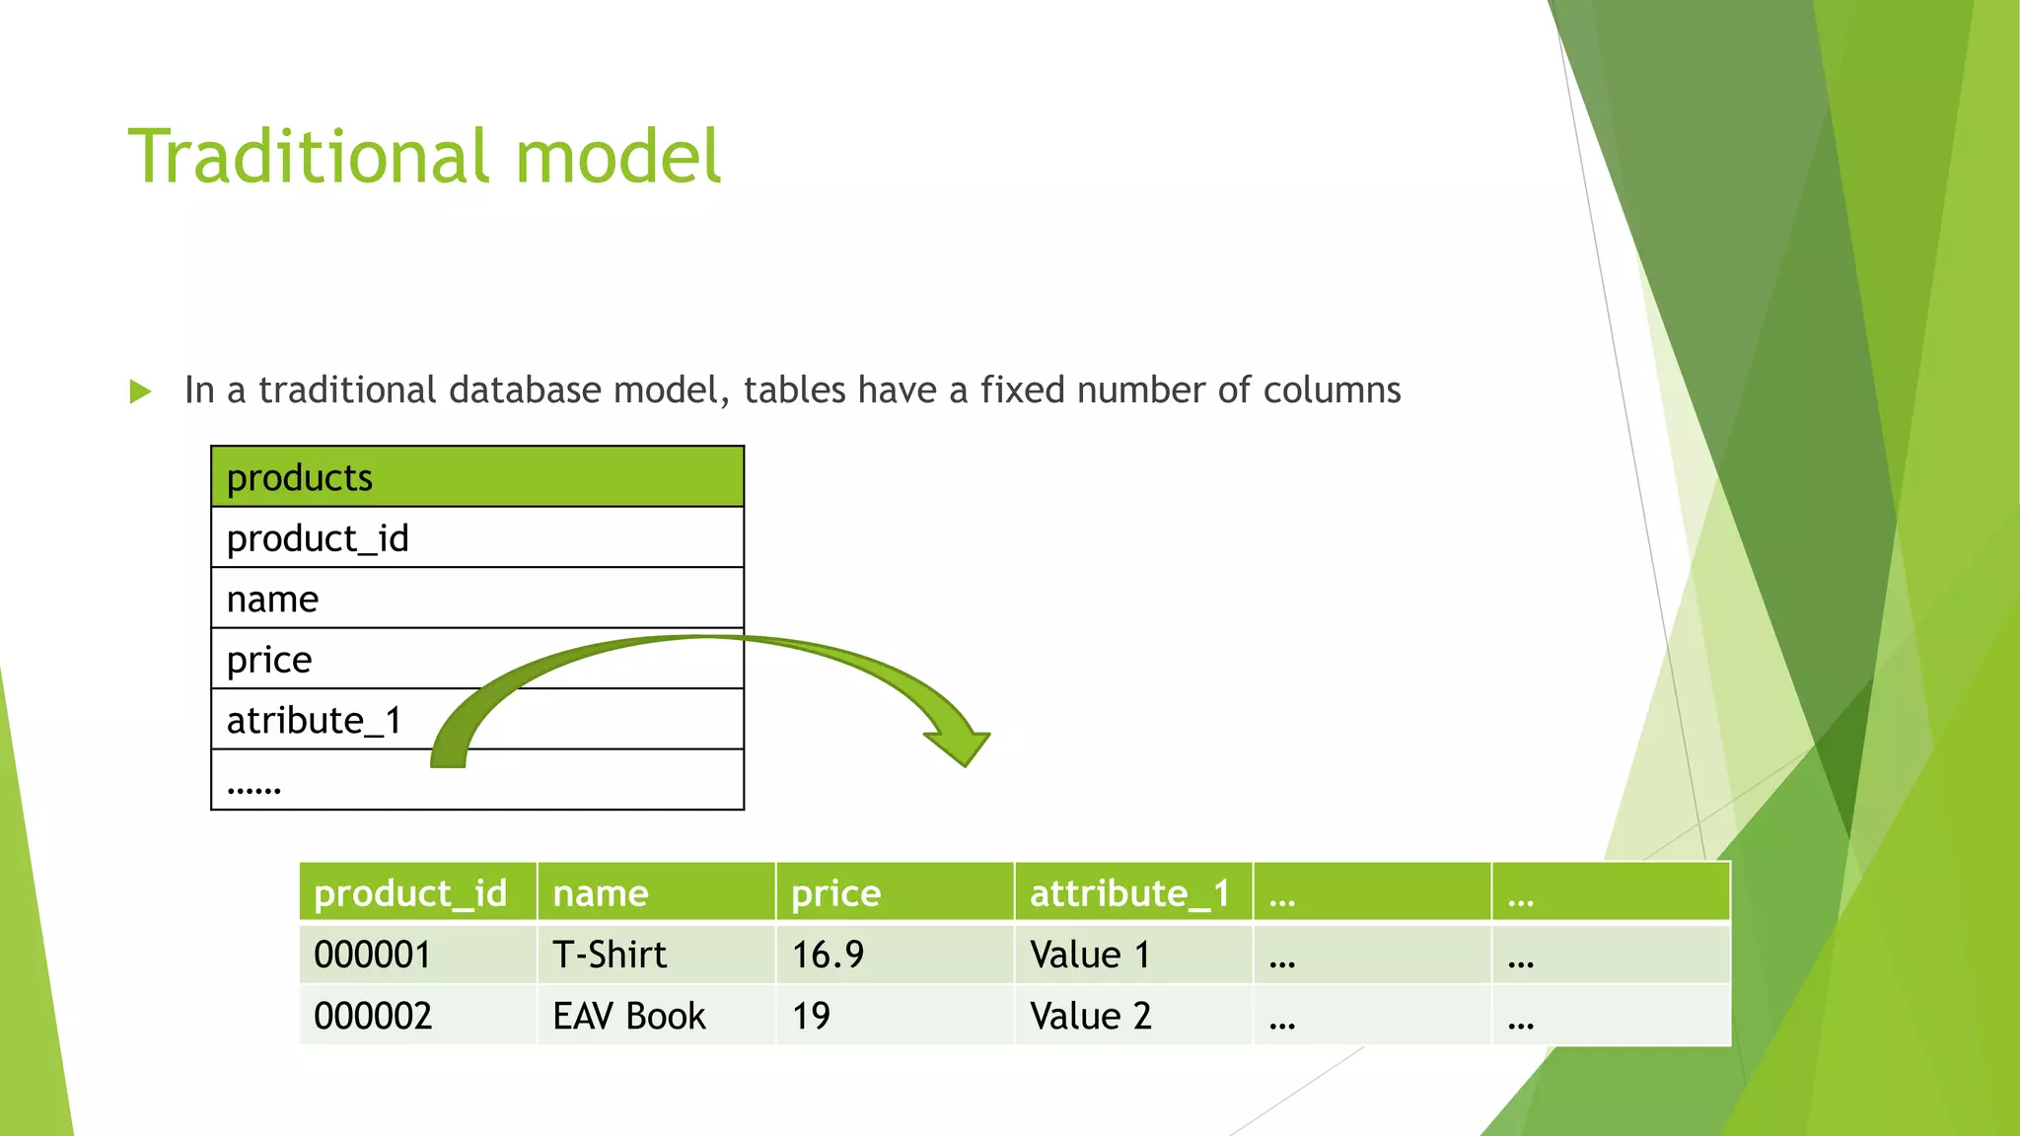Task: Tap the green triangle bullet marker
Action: [140, 391]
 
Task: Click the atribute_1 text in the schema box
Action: [315, 720]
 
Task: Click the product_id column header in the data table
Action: [410, 892]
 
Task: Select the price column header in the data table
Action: [836, 892]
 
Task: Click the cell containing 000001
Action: [373, 955]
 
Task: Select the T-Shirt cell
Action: [610, 955]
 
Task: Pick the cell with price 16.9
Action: [829, 955]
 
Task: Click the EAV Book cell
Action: [629, 1016]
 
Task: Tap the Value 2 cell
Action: [1091, 1016]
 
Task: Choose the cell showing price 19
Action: [811, 1016]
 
